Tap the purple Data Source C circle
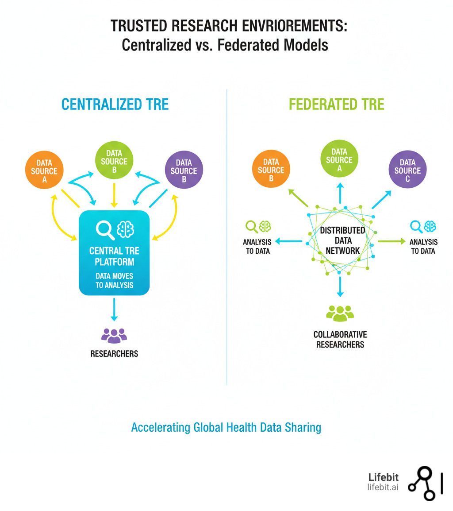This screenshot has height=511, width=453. [407, 171]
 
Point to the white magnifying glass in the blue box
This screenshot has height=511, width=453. [105, 229]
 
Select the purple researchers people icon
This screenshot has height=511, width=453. [114, 335]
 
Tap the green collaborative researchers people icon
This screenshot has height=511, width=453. [340, 312]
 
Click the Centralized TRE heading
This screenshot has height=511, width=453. [115, 104]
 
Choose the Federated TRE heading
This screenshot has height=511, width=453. [336, 104]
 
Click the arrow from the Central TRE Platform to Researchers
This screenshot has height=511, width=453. [114, 309]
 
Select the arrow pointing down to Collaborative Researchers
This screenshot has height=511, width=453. [340, 287]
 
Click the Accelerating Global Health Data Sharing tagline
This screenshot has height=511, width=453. [226, 428]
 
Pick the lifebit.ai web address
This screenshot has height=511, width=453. [383, 487]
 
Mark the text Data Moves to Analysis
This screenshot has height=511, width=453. [114, 281]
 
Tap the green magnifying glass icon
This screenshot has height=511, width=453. [251, 227]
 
